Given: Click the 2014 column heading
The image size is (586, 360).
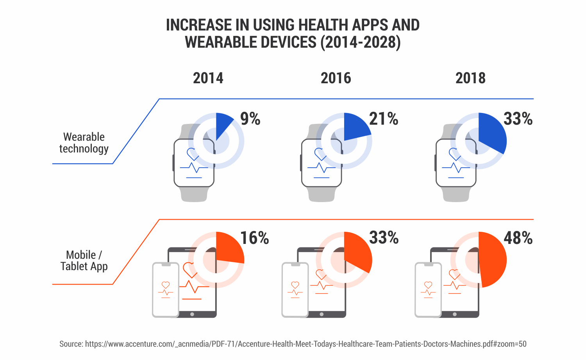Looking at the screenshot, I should (208, 78).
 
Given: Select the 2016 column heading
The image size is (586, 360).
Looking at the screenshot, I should (336, 78).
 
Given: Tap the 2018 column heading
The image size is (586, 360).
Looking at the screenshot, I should (470, 78).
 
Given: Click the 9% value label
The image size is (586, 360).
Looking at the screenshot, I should (250, 119).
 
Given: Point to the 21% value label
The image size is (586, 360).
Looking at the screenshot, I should (384, 119).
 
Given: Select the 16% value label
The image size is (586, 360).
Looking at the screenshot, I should (254, 238).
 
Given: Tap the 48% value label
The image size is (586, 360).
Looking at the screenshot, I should (518, 238).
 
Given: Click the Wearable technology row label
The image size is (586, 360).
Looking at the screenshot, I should (84, 143).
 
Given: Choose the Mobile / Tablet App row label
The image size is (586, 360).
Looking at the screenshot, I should (84, 261).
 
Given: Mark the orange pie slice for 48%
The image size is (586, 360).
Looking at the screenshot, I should (493, 260).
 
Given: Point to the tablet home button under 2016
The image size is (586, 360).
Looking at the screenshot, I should (322, 314).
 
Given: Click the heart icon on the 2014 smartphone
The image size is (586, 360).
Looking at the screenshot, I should (166, 285).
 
